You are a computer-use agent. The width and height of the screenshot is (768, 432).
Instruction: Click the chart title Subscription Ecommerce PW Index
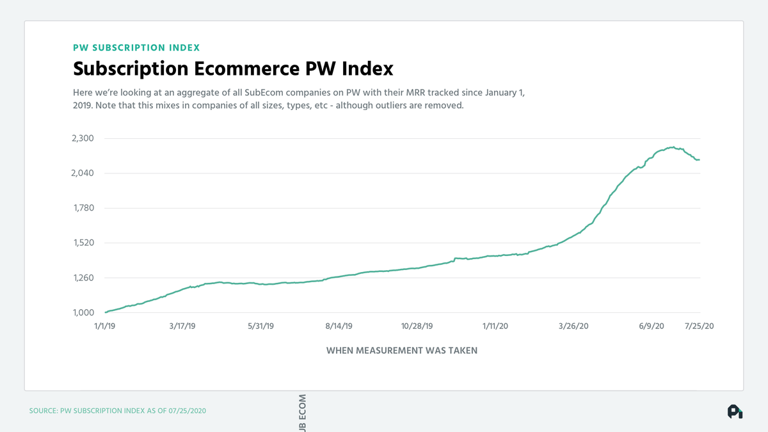(x=233, y=68)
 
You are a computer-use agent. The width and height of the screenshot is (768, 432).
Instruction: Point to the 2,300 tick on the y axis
(x=81, y=138)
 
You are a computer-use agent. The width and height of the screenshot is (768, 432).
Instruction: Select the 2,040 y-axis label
(x=81, y=173)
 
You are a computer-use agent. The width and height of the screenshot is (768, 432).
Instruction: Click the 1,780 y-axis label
(x=82, y=208)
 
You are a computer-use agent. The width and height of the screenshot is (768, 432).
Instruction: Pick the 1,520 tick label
(x=82, y=243)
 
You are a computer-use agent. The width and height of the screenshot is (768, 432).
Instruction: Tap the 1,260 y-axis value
(x=82, y=278)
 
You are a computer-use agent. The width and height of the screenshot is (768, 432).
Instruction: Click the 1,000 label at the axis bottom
(x=82, y=313)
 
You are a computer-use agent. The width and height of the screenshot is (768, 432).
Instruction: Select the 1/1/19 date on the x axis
(x=105, y=326)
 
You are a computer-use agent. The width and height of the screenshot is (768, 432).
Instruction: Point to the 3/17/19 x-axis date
(x=182, y=326)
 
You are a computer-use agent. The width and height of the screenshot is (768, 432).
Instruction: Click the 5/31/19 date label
(x=260, y=326)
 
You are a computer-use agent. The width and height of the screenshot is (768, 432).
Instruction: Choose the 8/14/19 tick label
(x=339, y=326)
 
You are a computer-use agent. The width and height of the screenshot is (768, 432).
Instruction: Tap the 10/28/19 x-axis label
(x=417, y=326)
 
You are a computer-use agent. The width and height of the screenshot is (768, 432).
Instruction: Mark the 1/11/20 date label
(x=495, y=326)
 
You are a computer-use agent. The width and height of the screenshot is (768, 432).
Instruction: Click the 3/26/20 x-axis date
(x=573, y=326)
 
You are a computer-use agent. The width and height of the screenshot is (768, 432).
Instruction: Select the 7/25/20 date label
(x=700, y=326)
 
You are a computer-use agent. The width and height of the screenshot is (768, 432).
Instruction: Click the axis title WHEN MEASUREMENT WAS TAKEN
(x=402, y=351)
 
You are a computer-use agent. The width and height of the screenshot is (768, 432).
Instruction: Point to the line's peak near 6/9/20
(x=673, y=147)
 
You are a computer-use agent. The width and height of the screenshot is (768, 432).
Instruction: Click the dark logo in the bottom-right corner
(x=735, y=412)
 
